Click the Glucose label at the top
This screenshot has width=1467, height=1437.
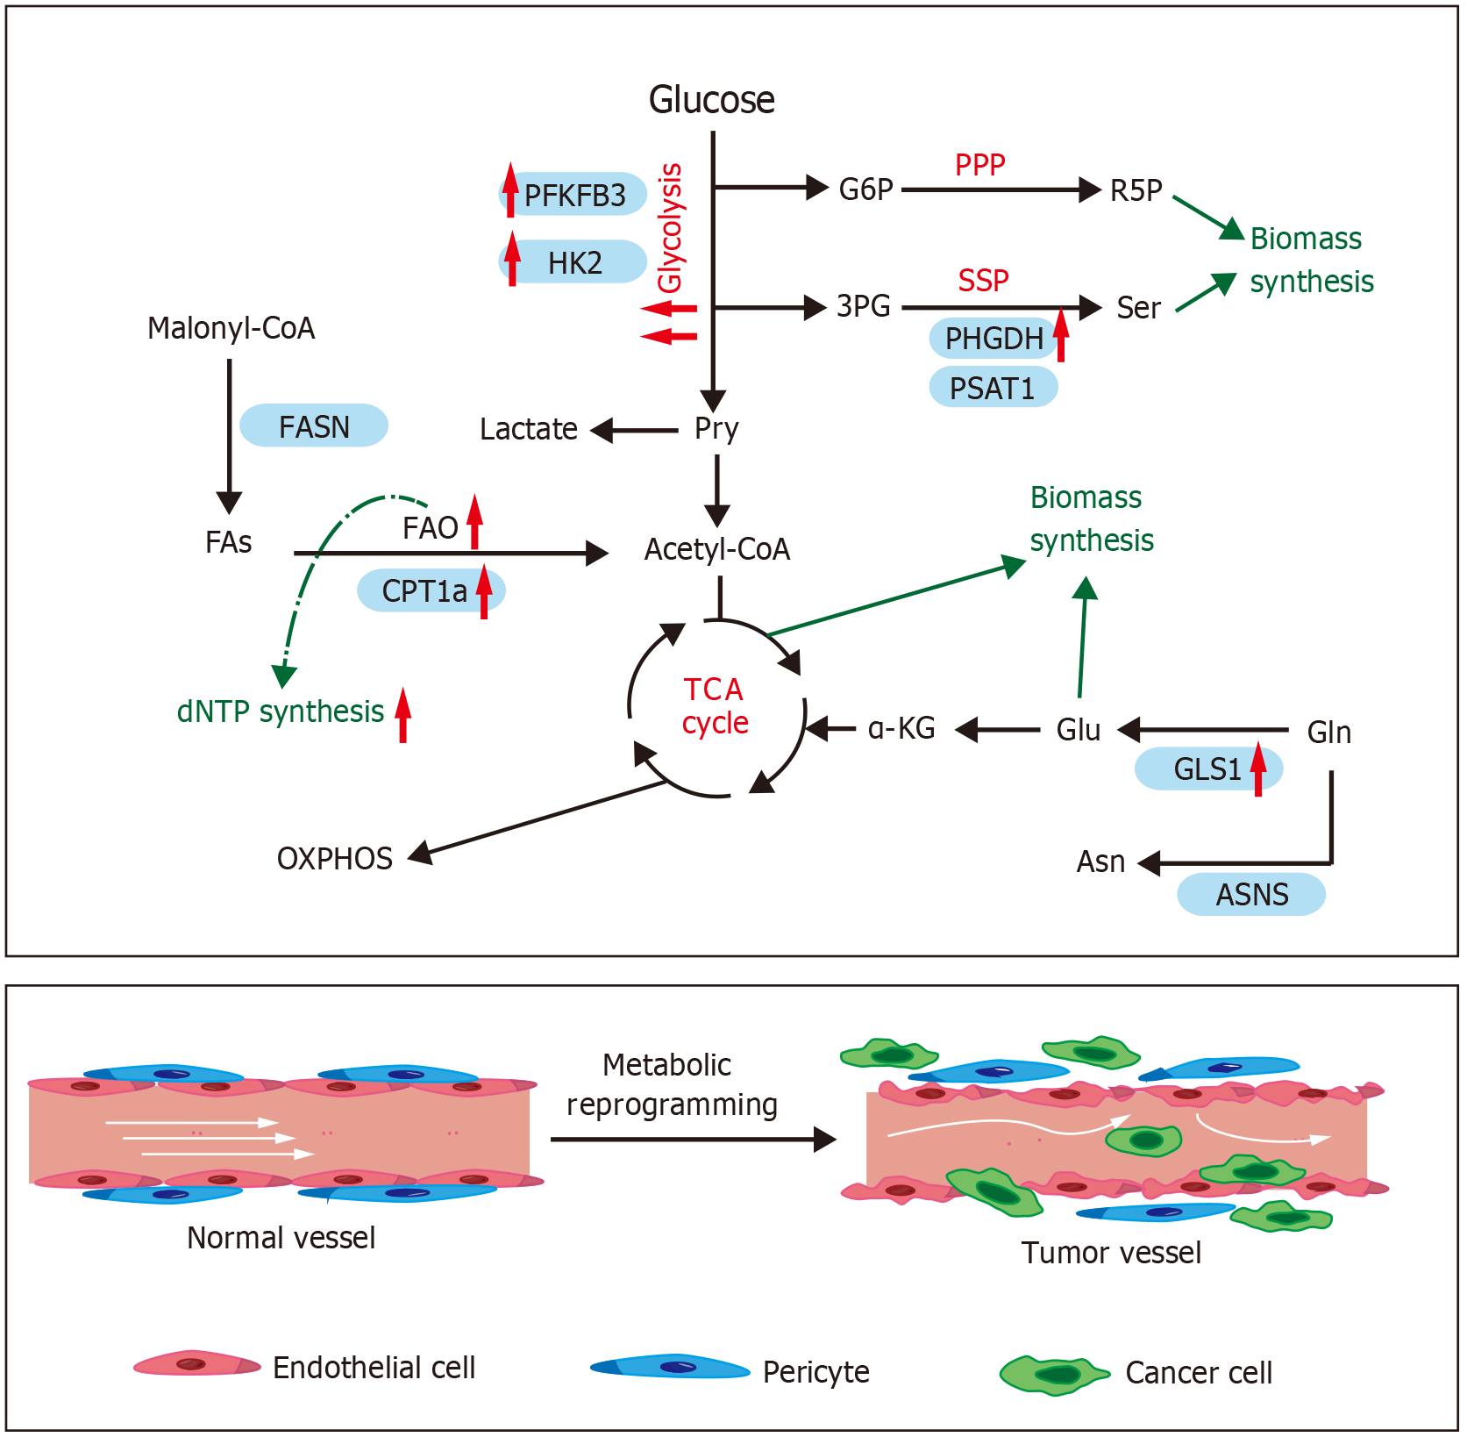711,100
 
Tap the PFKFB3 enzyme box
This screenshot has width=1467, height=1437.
574,195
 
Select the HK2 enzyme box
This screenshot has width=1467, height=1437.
574,262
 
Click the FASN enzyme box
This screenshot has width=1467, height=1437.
314,426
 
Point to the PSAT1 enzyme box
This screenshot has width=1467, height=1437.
993,388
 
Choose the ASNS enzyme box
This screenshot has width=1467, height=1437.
1251,895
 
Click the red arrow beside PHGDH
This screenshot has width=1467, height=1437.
1061,334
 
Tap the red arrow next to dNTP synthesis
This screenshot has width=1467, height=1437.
402,715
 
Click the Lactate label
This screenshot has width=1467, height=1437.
528,430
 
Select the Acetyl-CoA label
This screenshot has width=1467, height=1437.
717,550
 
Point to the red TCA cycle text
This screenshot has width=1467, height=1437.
715,706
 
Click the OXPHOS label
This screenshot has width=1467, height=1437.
334,859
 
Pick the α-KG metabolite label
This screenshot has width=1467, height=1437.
901,729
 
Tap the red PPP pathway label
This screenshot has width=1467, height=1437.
979,165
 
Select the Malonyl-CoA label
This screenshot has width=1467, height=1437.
231,328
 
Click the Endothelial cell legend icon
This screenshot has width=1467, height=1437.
196,1363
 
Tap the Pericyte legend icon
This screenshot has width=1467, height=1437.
670,1367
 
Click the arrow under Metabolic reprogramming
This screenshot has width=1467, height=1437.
693,1140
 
